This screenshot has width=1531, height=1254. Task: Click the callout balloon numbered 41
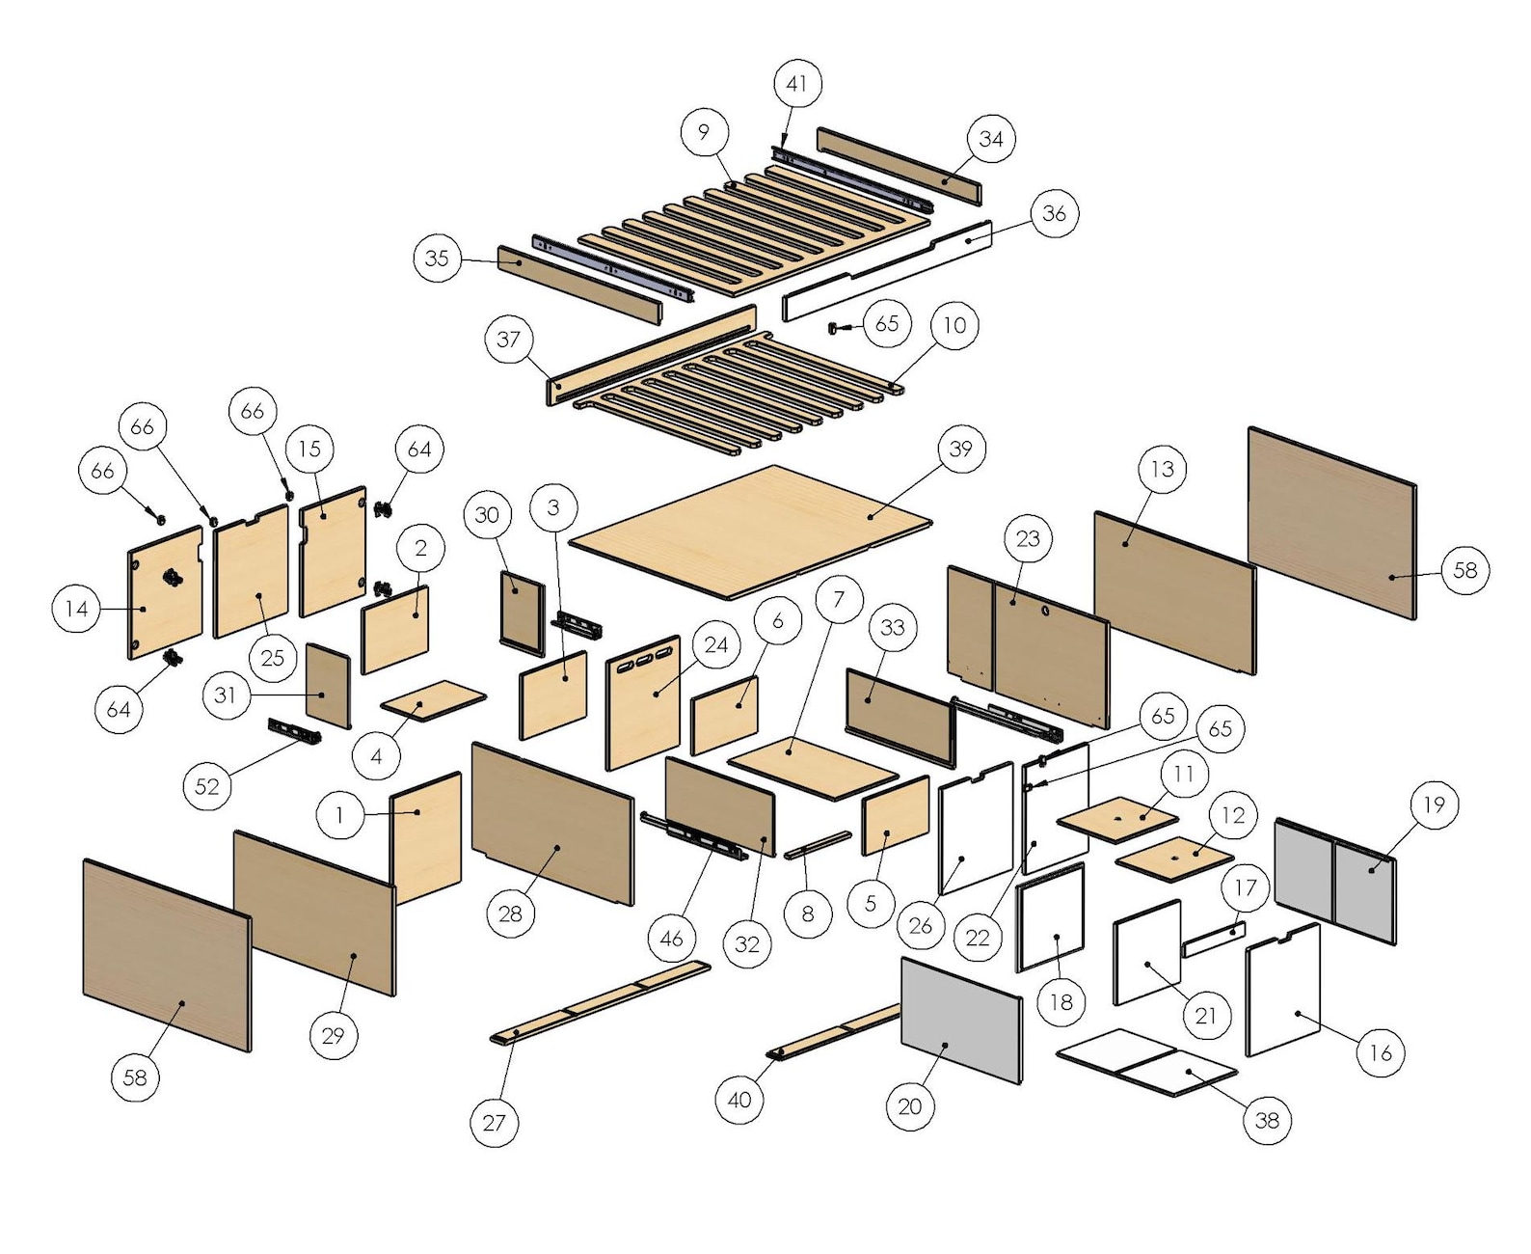coord(796,84)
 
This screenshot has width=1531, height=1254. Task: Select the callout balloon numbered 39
coord(961,449)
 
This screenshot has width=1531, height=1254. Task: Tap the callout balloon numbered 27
coord(494,1122)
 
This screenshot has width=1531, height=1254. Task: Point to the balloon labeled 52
coord(207,786)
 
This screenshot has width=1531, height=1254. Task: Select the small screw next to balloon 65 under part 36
coord(835,329)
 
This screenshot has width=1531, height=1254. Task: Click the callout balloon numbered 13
coord(1163,469)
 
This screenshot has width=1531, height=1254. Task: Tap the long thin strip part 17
coord(1213,939)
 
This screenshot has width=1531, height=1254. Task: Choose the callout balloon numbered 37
coord(509,339)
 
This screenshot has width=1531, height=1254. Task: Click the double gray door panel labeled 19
coord(1335,881)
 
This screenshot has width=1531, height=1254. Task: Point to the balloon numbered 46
coord(671,937)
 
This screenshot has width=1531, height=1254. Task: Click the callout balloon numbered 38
coord(1267,1119)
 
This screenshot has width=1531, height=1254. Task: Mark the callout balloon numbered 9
coord(704,132)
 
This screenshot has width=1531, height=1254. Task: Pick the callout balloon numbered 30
coord(487,515)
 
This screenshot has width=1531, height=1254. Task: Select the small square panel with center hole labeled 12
coord(1174,855)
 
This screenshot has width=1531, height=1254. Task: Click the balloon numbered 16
coord(1380,1051)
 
